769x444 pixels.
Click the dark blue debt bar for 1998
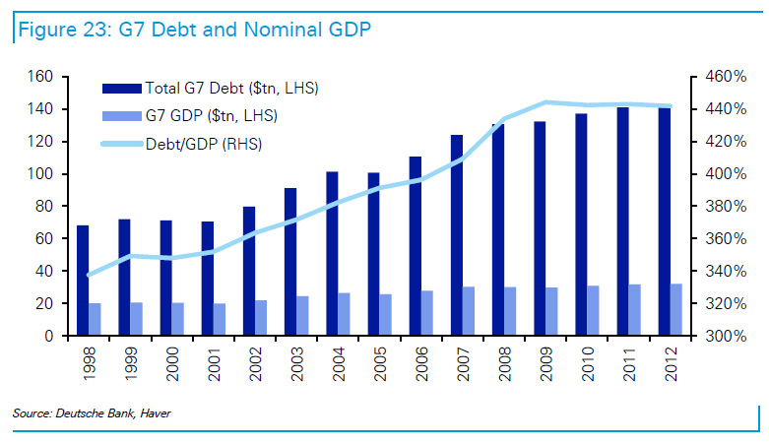(83, 281)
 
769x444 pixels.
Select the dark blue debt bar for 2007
(457, 235)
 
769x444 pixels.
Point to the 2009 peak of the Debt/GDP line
(546, 102)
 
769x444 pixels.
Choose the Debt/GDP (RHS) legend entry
(207, 144)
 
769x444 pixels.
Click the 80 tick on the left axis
(41, 207)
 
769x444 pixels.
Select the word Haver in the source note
(154, 413)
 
